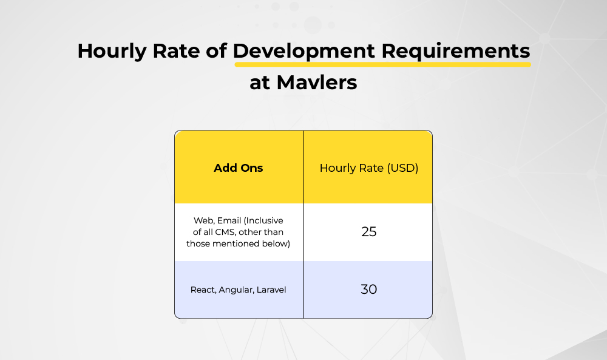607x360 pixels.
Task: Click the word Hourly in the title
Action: point(112,52)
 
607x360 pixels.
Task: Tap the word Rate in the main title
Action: point(176,51)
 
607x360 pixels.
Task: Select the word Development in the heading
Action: point(304,52)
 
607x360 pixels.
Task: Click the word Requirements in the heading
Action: point(456,52)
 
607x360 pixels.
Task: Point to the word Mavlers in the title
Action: point(317,83)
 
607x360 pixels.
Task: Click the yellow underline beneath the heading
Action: point(382,64)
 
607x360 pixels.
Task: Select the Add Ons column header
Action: point(239,168)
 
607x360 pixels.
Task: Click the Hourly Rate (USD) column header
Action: point(369,168)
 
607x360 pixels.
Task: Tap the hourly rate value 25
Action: point(369,231)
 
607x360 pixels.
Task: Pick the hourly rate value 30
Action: point(369,289)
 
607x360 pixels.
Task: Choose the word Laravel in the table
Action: point(271,290)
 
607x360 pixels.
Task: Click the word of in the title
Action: point(216,51)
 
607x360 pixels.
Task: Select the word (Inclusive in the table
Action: point(263,220)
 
